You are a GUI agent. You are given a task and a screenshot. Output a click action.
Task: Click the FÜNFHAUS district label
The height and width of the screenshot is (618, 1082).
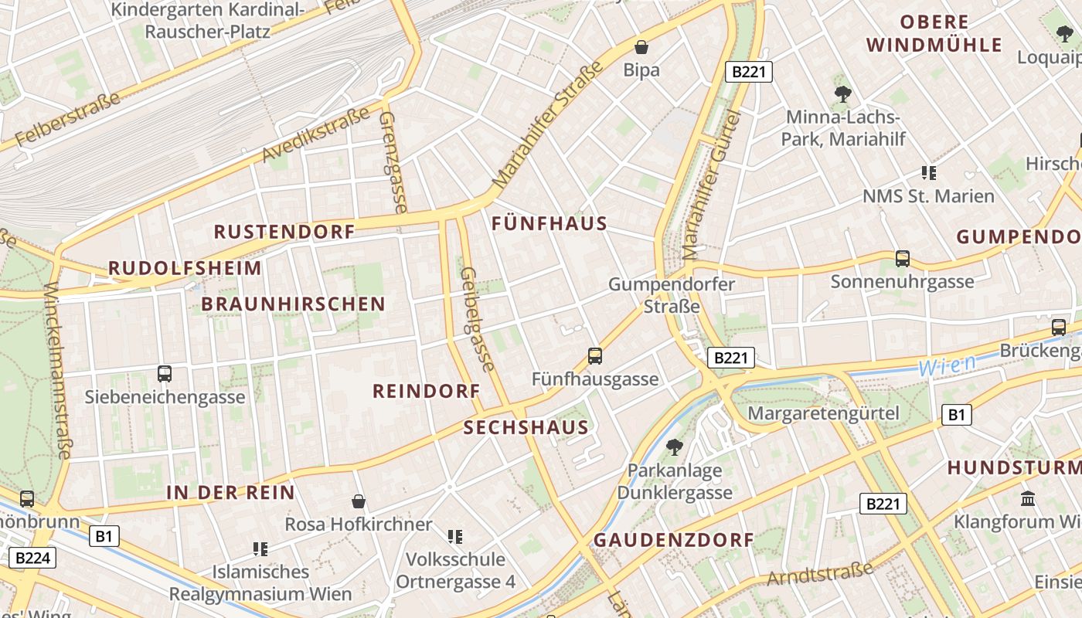pyautogui.click(x=550, y=224)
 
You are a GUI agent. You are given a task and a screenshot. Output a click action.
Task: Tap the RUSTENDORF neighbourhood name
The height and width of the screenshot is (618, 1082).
pyautogui.click(x=284, y=232)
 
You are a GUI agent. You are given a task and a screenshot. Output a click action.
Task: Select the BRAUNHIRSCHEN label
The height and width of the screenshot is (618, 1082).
pyautogui.click(x=293, y=304)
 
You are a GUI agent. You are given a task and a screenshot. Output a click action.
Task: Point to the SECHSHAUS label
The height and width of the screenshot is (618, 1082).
pyautogui.click(x=526, y=427)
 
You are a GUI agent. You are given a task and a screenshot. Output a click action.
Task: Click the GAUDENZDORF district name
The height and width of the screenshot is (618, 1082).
pyautogui.click(x=673, y=540)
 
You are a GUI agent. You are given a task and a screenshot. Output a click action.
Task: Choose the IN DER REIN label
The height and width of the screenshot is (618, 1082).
pyautogui.click(x=230, y=492)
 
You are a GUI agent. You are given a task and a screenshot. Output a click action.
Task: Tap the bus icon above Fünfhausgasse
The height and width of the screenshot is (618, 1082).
pyautogui.click(x=595, y=356)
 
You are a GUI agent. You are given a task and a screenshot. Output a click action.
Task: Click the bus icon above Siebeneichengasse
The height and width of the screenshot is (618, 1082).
pyautogui.click(x=165, y=374)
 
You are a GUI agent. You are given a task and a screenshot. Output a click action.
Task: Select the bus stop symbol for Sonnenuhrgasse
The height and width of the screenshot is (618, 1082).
pyautogui.click(x=902, y=259)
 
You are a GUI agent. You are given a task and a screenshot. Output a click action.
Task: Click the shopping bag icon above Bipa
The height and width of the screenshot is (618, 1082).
pyautogui.click(x=641, y=46)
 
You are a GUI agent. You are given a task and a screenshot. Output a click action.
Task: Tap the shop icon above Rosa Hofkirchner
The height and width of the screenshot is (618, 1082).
pyautogui.click(x=359, y=501)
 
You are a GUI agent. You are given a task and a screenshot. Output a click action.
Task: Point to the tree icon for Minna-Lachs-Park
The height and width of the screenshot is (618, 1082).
pyautogui.click(x=842, y=94)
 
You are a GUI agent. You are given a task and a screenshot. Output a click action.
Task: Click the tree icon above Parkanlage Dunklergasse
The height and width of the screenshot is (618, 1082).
pyautogui.click(x=674, y=447)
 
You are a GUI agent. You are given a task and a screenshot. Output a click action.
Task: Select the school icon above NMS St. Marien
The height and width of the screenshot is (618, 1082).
pyautogui.click(x=928, y=173)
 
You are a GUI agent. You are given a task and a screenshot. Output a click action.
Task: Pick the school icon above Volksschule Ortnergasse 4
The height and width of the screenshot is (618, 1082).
pyautogui.click(x=455, y=536)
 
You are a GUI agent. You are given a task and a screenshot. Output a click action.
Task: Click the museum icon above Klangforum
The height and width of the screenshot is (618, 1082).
pyautogui.click(x=1028, y=498)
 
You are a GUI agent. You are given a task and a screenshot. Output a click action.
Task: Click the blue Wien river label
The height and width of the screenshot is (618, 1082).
pyautogui.click(x=948, y=365)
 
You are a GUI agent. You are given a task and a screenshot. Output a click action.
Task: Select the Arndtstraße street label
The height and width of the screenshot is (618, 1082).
pyautogui.click(x=820, y=574)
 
